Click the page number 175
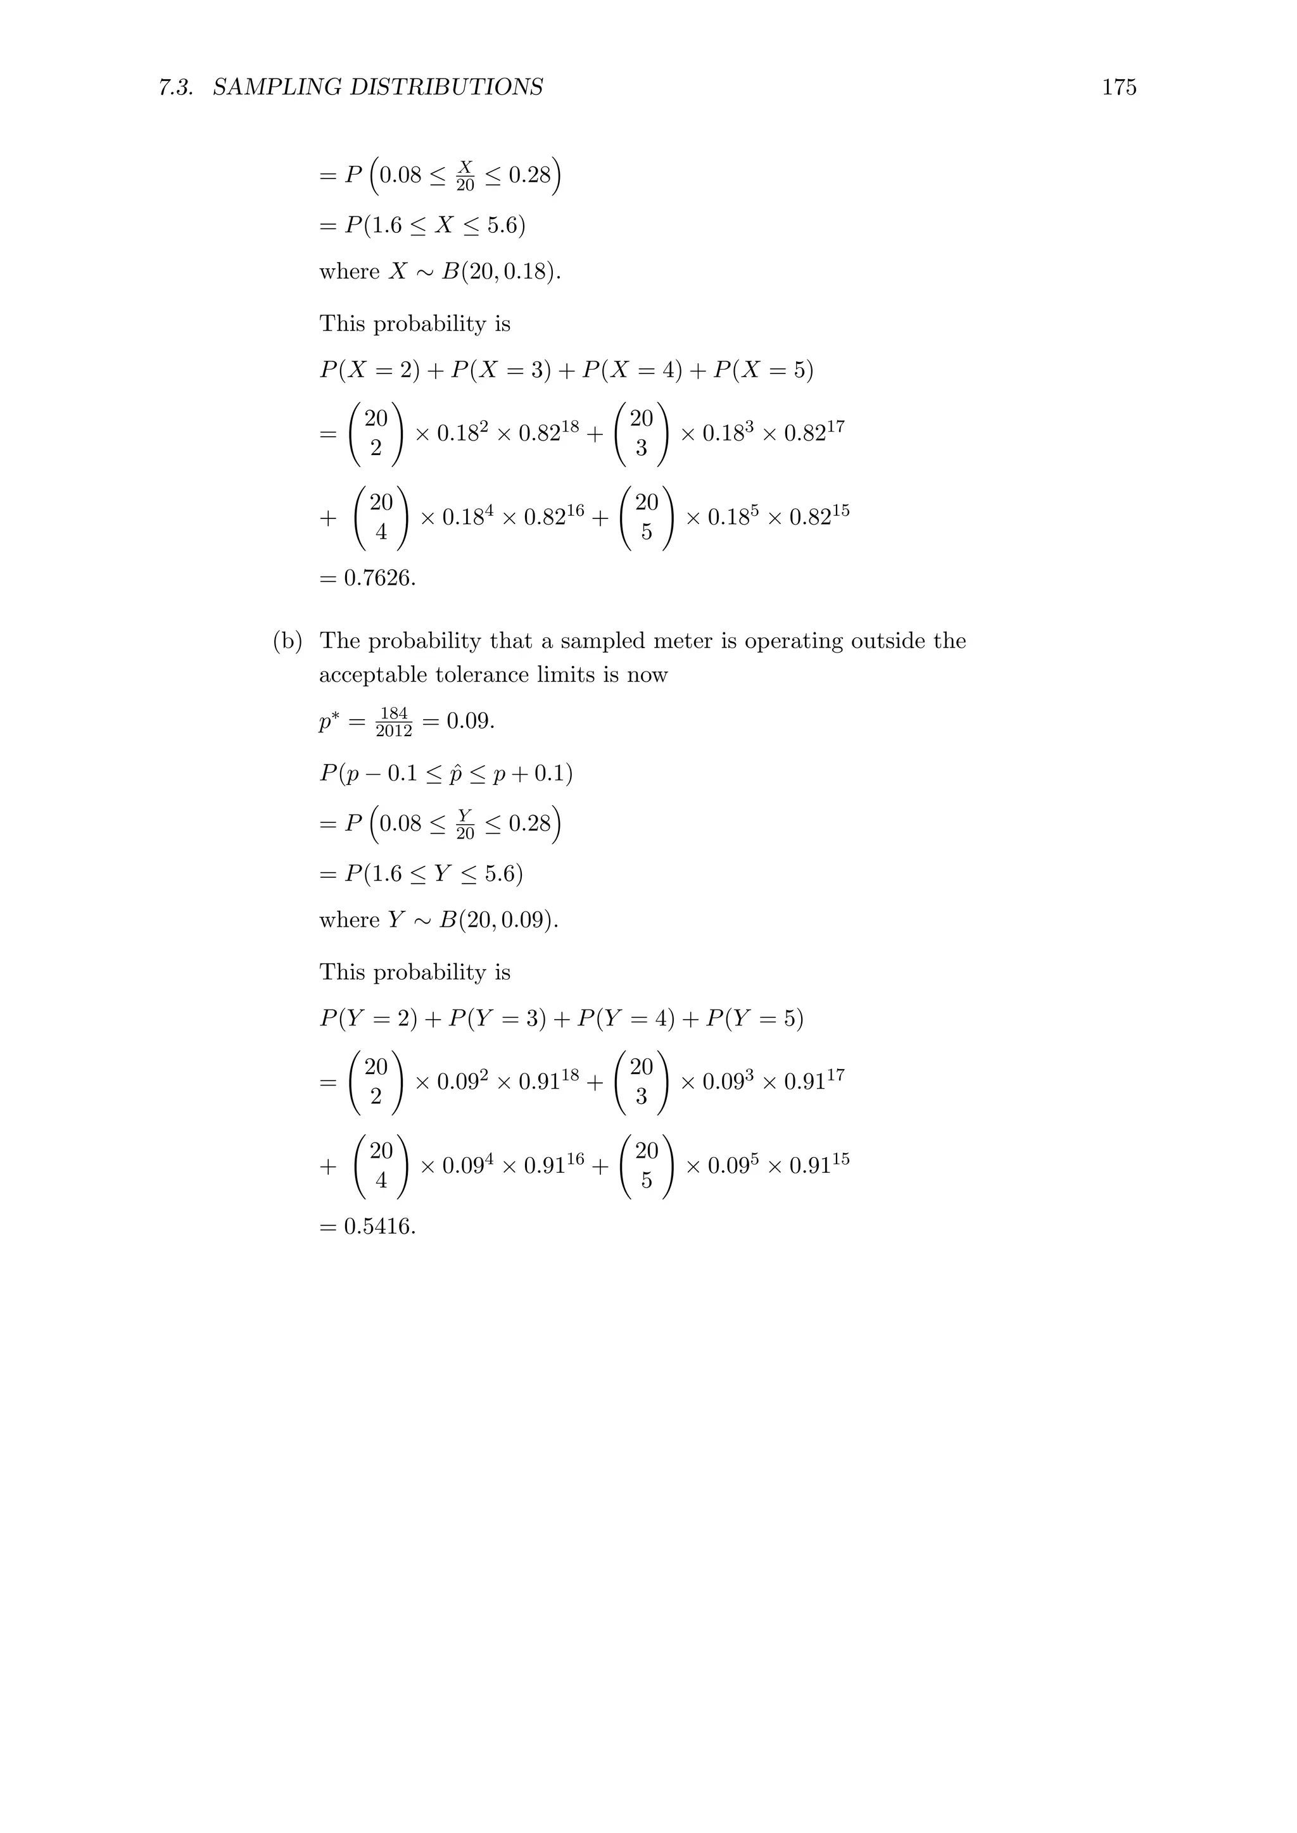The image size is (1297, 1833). [1119, 87]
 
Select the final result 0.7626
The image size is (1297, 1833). [379, 577]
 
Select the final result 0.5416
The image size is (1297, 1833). [379, 1225]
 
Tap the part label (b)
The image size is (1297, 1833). [288, 641]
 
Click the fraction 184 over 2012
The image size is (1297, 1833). [394, 722]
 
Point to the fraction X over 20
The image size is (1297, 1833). [465, 175]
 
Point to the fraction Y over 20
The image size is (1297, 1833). [465, 824]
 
